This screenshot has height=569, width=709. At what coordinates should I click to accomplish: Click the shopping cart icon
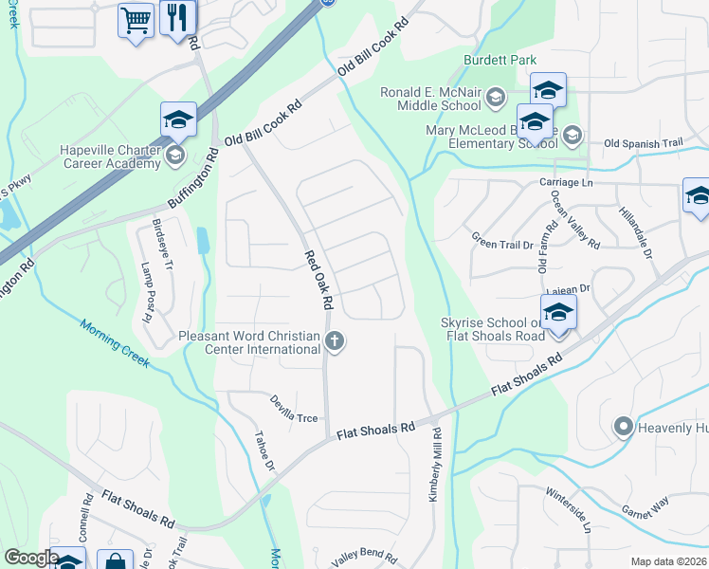(x=136, y=19)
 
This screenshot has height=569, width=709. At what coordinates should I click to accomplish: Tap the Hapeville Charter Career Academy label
(x=110, y=156)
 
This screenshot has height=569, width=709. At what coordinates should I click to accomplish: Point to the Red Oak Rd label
(x=319, y=281)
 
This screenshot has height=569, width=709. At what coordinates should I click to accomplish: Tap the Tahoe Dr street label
(x=264, y=452)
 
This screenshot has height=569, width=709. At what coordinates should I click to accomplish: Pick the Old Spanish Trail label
(x=643, y=143)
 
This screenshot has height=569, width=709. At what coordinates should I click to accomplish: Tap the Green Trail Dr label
(x=503, y=244)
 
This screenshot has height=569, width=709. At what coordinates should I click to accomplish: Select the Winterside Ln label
(x=568, y=509)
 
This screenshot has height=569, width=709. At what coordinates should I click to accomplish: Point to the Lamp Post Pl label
(x=148, y=291)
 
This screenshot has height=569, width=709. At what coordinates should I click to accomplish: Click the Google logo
(x=31, y=558)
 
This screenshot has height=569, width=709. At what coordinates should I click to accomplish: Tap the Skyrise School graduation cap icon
(x=558, y=312)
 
